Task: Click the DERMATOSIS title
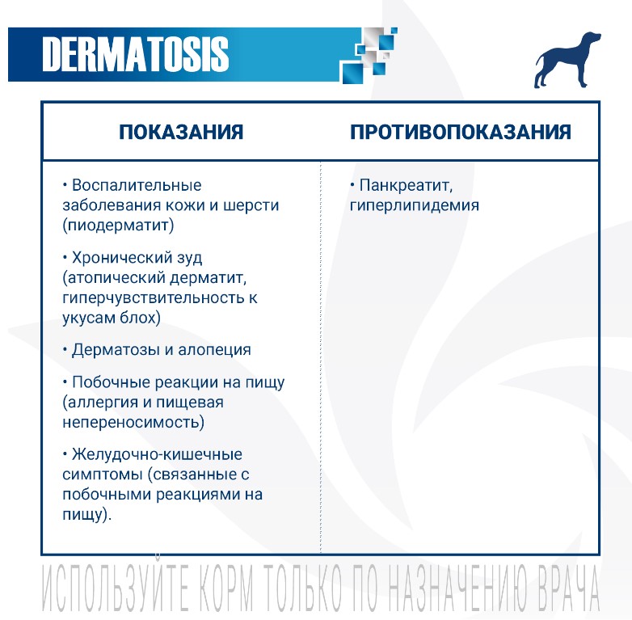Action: (136, 54)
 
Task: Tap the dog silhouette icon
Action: (567, 60)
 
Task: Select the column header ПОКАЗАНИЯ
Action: (181, 132)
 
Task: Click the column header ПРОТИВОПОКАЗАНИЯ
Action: (461, 132)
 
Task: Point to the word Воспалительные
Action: (137, 185)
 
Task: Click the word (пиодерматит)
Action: (118, 225)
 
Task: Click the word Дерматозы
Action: (116, 350)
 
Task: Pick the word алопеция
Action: (214, 350)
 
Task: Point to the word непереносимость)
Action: (133, 422)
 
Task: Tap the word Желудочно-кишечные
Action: (157, 454)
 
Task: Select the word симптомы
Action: (103, 474)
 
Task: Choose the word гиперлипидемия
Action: (415, 205)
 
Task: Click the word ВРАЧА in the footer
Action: (558, 588)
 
